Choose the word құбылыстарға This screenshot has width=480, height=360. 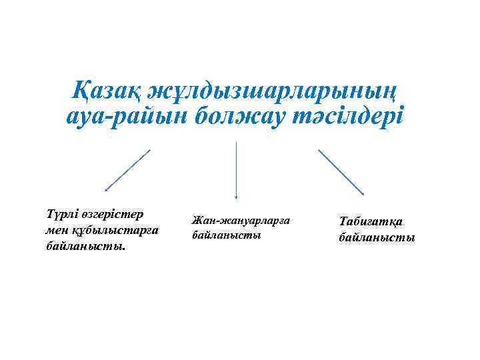pos(115,230)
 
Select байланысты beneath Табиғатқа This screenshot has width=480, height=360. pos(376,237)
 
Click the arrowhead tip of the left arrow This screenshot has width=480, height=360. pos(107,191)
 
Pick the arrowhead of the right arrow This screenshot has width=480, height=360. pos(362,193)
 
